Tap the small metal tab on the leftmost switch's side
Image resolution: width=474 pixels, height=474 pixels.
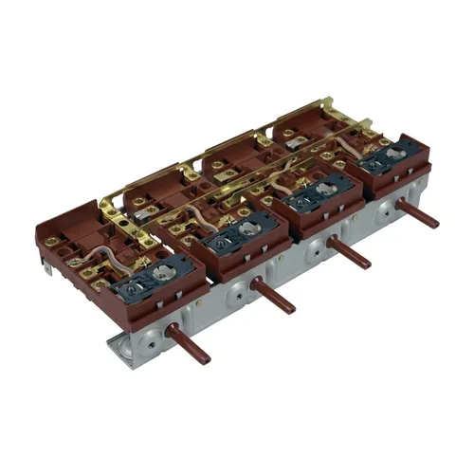[48, 271]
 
